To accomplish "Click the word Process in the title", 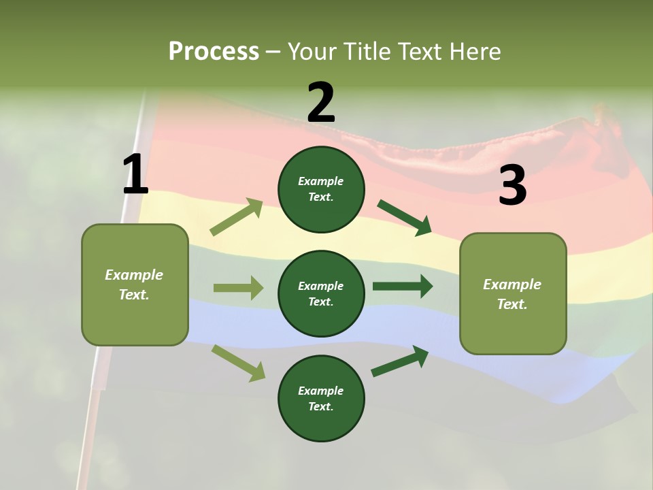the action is click(x=214, y=51).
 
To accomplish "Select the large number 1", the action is click(x=136, y=174).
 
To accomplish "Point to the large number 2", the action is click(x=321, y=102).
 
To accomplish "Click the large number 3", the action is click(x=513, y=184).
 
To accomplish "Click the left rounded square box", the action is click(x=135, y=285).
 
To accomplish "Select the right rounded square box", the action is click(x=513, y=294).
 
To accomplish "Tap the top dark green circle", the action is click(x=321, y=189).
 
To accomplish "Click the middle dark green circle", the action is click(x=321, y=294).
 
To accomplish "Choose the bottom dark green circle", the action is click(x=321, y=398).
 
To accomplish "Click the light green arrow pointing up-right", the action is click(x=236, y=216).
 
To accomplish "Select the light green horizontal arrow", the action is click(x=239, y=287).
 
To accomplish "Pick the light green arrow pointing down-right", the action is click(x=238, y=363).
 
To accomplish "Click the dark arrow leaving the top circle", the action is click(x=404, y=218).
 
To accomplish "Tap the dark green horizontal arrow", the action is click(x=403, y=287).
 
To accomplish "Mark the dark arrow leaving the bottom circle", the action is click(x=400, y=361).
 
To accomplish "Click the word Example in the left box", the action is click(x=134, y=275).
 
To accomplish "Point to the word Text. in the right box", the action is click(x=512, y=304).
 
